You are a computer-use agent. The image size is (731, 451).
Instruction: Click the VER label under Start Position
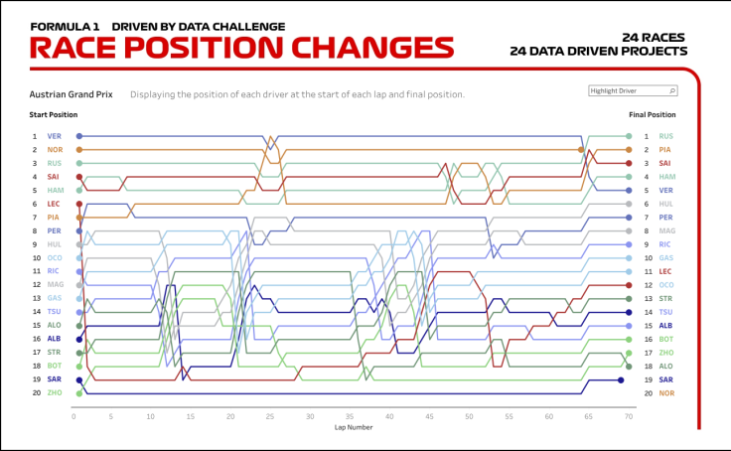click(x=54, y=136)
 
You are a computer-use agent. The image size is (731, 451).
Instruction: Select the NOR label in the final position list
click(x=664, y=393)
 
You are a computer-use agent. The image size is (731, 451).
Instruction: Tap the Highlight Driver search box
click(x=633, y=90)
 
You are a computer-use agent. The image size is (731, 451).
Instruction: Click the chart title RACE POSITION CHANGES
click(x=241, y=49)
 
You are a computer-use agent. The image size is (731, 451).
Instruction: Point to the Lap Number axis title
click(x=354, y=428)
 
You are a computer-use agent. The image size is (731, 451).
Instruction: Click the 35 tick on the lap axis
click(x=350, y=416)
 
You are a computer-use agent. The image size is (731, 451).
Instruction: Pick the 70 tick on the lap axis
click(x=629, y=416)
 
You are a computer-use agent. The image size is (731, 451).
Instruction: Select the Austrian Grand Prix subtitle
click(x=71, y=95)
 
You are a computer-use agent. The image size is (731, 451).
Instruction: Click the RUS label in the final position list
click(x=665, y=136)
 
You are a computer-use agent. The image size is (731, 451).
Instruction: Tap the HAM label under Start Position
click(x=55, y=190)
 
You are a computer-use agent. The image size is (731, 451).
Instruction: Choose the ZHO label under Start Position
click(x=55, y=393)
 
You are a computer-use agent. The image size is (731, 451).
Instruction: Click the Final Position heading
click(x=652, y=115)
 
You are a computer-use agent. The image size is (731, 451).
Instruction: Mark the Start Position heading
click(x=54, y=115)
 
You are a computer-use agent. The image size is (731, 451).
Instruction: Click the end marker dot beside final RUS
click(x=629, y=136)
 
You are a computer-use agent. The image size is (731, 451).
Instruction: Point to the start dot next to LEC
click(x=79, y=204)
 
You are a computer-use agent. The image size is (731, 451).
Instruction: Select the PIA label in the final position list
click(x=664, y=150)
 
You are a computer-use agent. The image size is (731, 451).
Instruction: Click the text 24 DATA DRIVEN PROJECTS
click(x=598, y=51)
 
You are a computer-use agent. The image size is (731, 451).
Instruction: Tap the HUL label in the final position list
click(x=664, y=204)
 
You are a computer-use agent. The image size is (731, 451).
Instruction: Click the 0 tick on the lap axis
click(x=73, y=416)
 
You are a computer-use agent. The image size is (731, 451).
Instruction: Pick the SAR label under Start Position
click(x=54, y=379)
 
